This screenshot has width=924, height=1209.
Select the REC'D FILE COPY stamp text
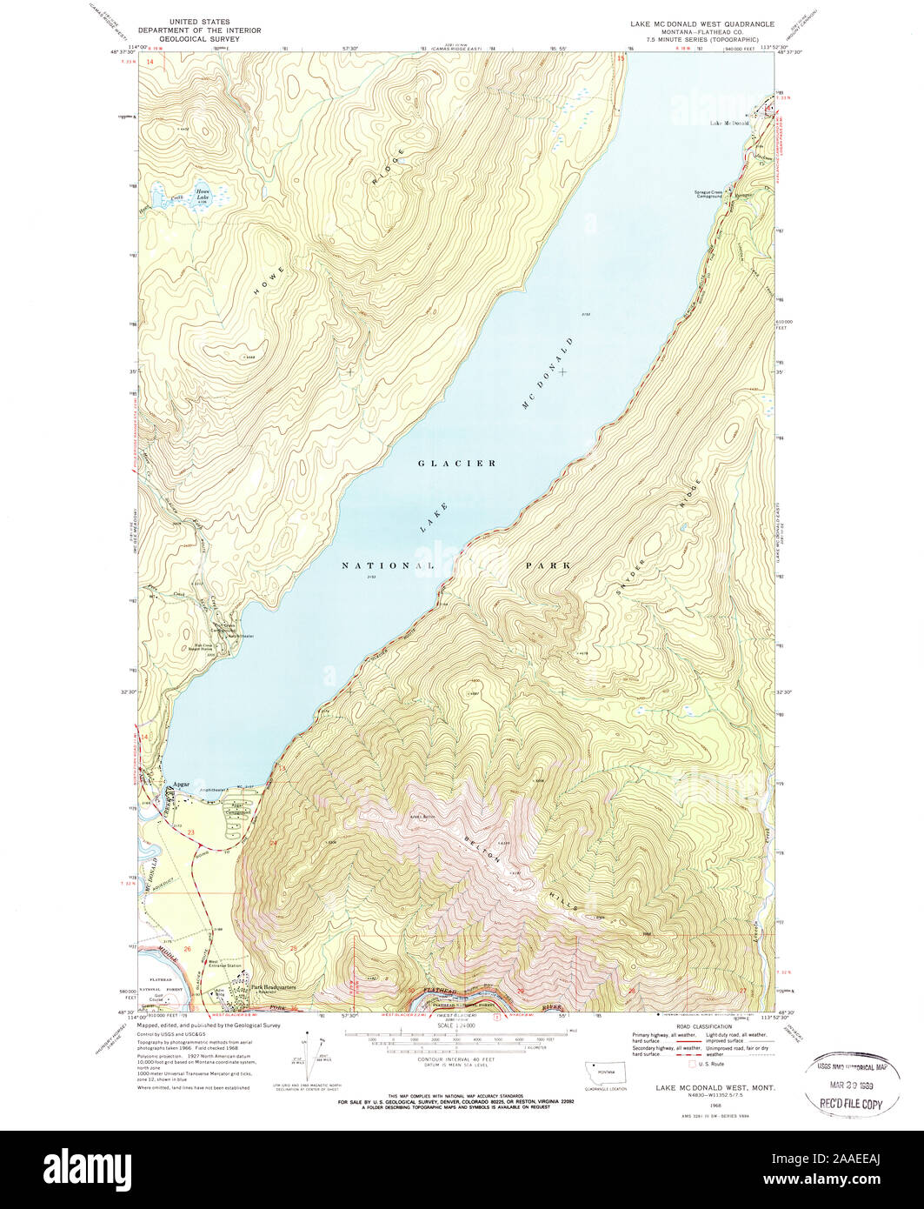848,1104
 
